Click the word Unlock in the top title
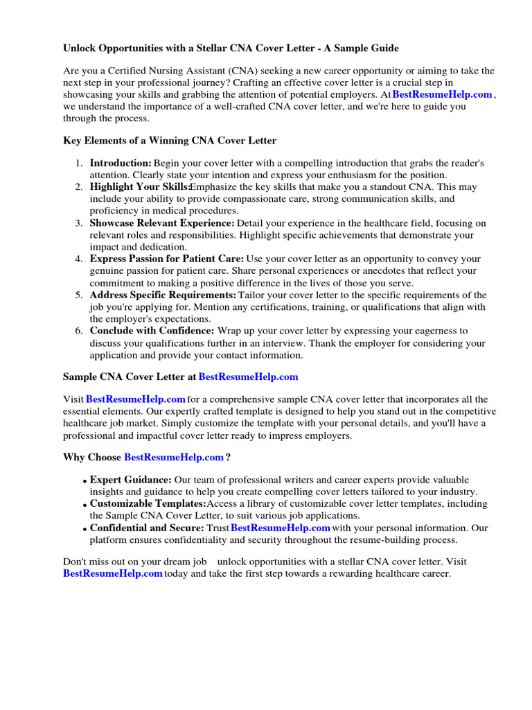[80, 48]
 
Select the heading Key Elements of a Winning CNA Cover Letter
[170, 141]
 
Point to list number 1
[78, 163]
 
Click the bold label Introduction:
[121, 163]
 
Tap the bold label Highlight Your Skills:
[140, 187]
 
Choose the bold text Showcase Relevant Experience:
[162, 223]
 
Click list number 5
[78, 295]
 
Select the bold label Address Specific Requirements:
[163, 295]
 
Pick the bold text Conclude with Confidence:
[152, 331]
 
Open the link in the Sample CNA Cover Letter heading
[248, 376]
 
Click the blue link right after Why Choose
[174, 457]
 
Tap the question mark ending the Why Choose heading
[228, 457]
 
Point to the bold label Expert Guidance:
[130, 480]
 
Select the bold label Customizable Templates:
[148, 504]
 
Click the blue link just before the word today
[113, 574]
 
